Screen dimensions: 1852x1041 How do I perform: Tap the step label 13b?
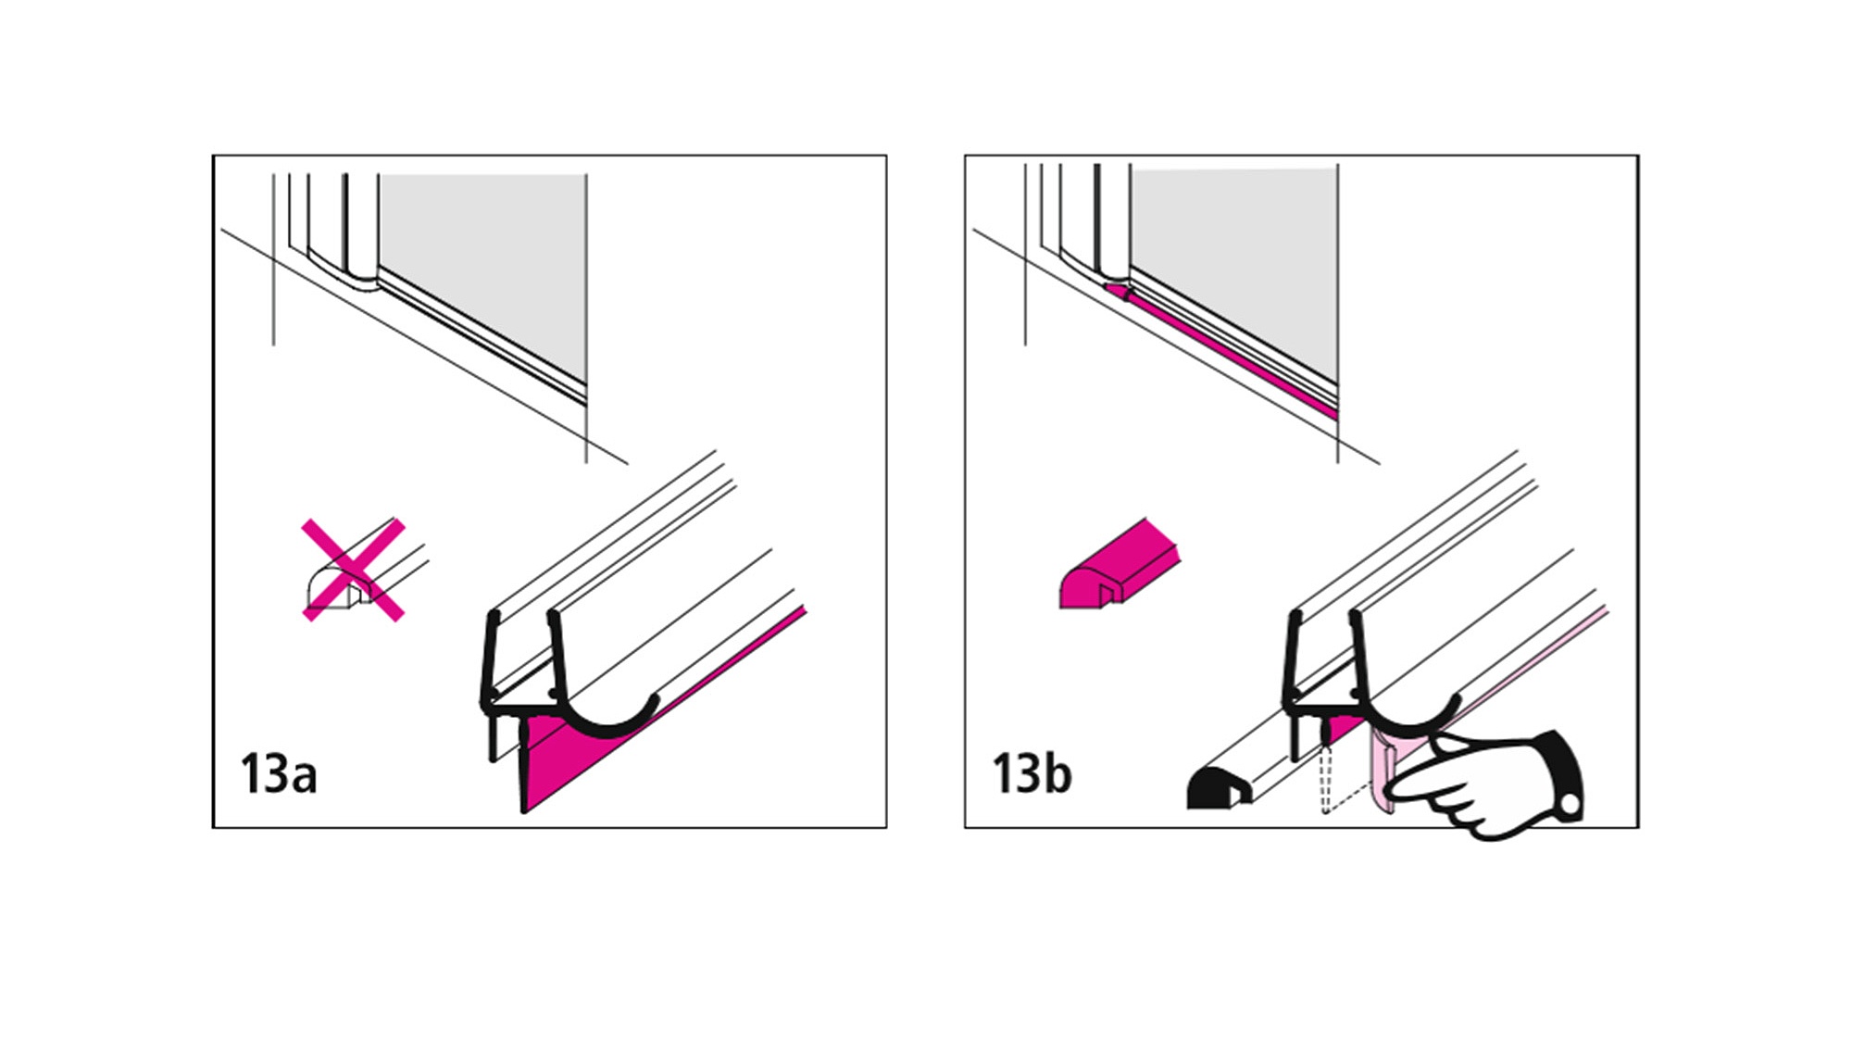[x=1032, y=774]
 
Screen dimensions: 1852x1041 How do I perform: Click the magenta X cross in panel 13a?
[x=354, y=570]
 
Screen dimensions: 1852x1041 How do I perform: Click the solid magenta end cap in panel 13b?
[x=1120, y=564]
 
